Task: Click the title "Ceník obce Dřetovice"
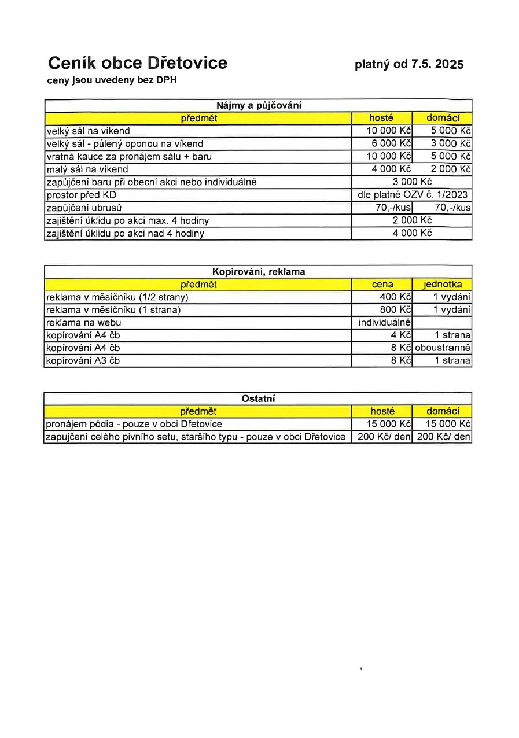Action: (x=137, y=63)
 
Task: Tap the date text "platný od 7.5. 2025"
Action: (x=409, y=64)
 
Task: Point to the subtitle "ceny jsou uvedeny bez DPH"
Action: (x=112, y=80)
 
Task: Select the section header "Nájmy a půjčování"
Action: (x=259, y=106)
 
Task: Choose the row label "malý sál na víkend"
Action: (x=87, y=169)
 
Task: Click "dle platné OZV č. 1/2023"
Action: (x=413, y=195)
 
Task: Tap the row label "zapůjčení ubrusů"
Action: (x=84, y=208)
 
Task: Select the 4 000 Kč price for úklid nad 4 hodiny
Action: (x=413, y=233)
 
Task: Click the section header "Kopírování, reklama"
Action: (x=259, y=271)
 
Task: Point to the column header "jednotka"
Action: (x=443, y=284)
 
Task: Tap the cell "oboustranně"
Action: (x=443, y=348)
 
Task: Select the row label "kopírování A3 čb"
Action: (x=83, y=361)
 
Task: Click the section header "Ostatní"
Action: (x=259, y=398)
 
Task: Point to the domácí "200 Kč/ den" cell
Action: (x=443, y=437)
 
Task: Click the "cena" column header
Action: (x=382, y=284)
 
